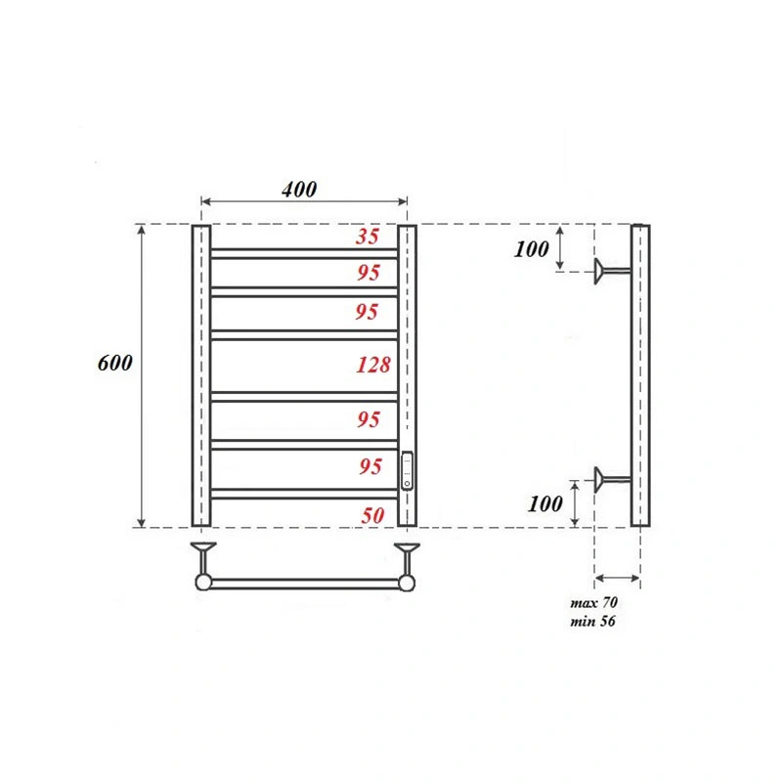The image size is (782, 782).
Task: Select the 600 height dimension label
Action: coord(115,363)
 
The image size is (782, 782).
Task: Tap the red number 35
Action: coord(367,236)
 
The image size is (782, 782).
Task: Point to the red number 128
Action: coord(372,366)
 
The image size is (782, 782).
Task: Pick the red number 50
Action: coord(371,515)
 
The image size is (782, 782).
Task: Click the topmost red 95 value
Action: coord(368,274)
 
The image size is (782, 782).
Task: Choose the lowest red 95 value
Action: coord(369,466)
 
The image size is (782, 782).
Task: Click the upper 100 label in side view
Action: coord(532,249)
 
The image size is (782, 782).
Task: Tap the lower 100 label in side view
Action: coord(545,504)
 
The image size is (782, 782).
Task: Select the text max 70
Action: coord(592,603)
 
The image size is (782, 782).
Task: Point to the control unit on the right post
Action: coord(408,470)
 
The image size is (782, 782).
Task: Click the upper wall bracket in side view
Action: coord(612,271)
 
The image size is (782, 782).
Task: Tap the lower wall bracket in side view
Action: coord(612,478)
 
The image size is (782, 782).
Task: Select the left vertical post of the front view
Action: coord(200,376)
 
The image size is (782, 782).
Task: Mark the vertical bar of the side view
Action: coord(639,376)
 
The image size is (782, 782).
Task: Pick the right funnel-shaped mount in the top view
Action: coord(407,555)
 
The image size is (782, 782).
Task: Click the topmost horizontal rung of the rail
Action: coord(304,253)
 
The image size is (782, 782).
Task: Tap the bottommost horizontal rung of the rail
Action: coord(304,494)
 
